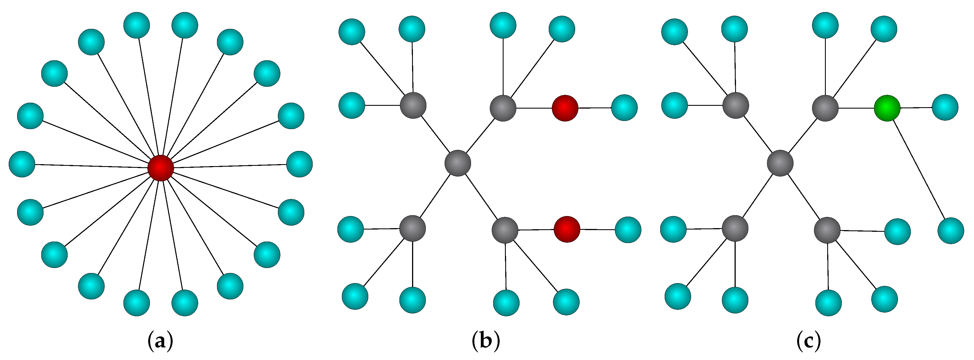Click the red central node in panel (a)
coord(161,168)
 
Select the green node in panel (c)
coord(887,108)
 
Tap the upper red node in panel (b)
coord(565,108)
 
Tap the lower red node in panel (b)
coord(567,229)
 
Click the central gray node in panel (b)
coord(458,163)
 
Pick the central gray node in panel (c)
coord(780,163)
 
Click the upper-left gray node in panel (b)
coord(413,105)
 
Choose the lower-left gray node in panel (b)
coord(413,228)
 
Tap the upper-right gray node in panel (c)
coord(826,108)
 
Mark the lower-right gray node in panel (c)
coord(827,230)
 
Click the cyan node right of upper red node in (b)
coord(624,108)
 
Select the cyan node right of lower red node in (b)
coord(628,230)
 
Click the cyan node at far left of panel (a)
coord(22,164)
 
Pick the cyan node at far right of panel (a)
coord(299,164)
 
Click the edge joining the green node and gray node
coord(856,108)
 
